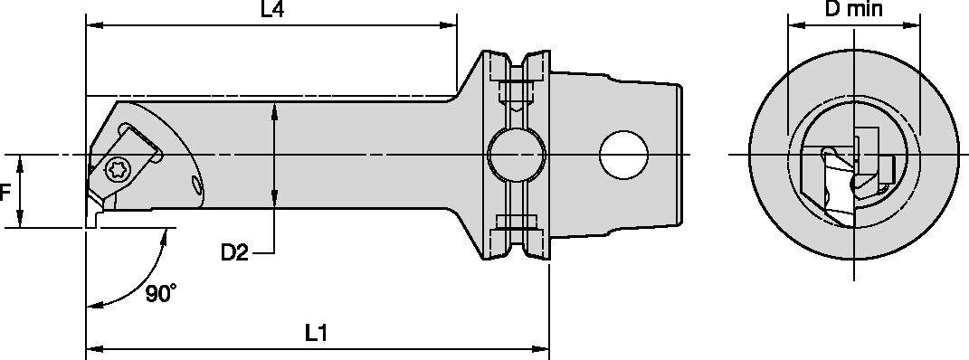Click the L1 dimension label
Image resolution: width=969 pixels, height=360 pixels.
click(315, 333)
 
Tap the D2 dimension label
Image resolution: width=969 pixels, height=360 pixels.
click(234, 252)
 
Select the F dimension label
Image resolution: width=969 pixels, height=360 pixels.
click(5, 193)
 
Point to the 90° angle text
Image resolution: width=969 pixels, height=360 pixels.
click(160, 295)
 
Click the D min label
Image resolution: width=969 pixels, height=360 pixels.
click(853, 10)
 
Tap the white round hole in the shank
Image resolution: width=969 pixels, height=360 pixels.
click(623, 156)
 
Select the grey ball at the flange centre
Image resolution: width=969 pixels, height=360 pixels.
click(516, 156)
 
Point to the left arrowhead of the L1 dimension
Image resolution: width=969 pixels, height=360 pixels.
click(90, 346)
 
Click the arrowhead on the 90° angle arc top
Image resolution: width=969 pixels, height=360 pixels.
click(165, 233)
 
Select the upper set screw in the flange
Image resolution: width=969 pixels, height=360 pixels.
click(516, 90)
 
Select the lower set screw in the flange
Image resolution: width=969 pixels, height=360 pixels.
click(516, 222)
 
